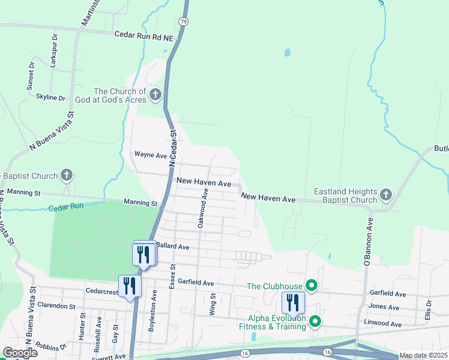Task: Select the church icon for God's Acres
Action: click(155, 94)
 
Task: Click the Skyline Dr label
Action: click(50, 97)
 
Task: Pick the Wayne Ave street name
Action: click(150, 155)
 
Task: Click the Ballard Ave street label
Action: click(172, 247)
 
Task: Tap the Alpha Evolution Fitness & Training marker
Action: click(315, 322)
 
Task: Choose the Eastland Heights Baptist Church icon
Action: click(385, 196)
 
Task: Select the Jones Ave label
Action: click(385, 307)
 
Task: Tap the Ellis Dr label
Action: click(428, 310)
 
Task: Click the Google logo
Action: click(20, 353)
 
